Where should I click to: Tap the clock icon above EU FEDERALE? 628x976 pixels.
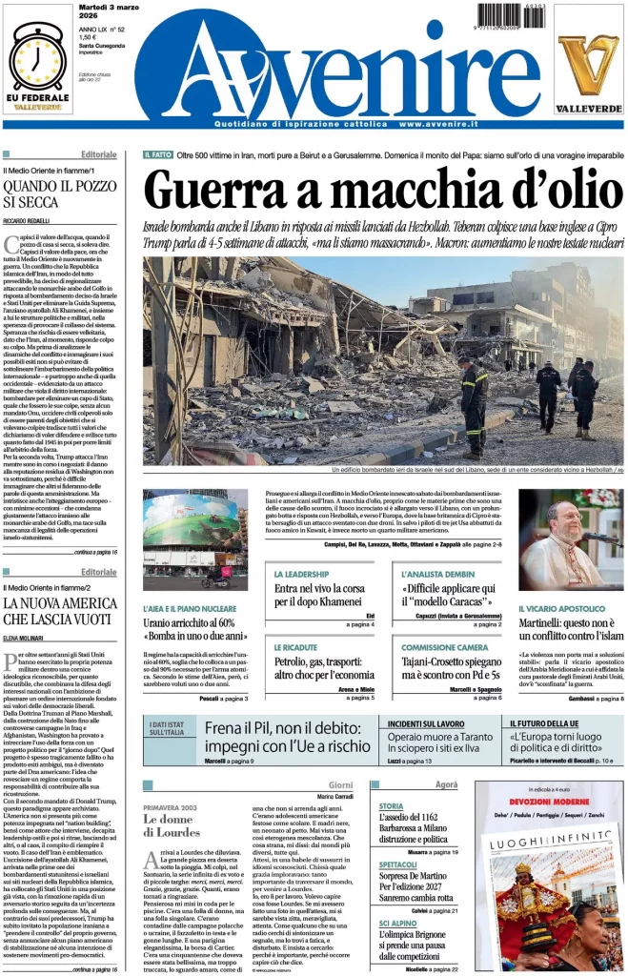click(37, 57)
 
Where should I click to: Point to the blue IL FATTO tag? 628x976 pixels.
click(157, 154)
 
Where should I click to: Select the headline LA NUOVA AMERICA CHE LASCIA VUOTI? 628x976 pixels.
click(60, 610)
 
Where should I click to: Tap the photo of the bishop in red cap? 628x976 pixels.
click(570, 539)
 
